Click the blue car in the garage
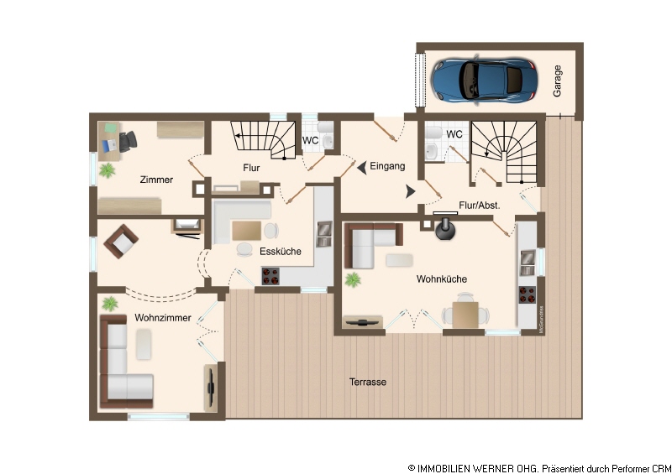[485, 81]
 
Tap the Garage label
[557, 81]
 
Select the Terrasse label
[368, 382]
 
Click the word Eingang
[387, 166]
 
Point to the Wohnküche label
[442, 279]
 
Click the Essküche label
[281, 252]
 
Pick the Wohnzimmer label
[163, 318]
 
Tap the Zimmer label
[156, 180]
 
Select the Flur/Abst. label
[479, 206]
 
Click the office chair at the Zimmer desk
[128, 141]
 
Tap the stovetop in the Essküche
[270, 276]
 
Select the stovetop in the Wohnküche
[528, 294]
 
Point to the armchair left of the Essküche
[121, 242]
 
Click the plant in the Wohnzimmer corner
[110, 304]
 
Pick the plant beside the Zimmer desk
[108, 170]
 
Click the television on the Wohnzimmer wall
[211, 388]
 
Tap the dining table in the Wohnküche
[465, 315]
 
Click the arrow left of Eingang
[362, 168]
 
